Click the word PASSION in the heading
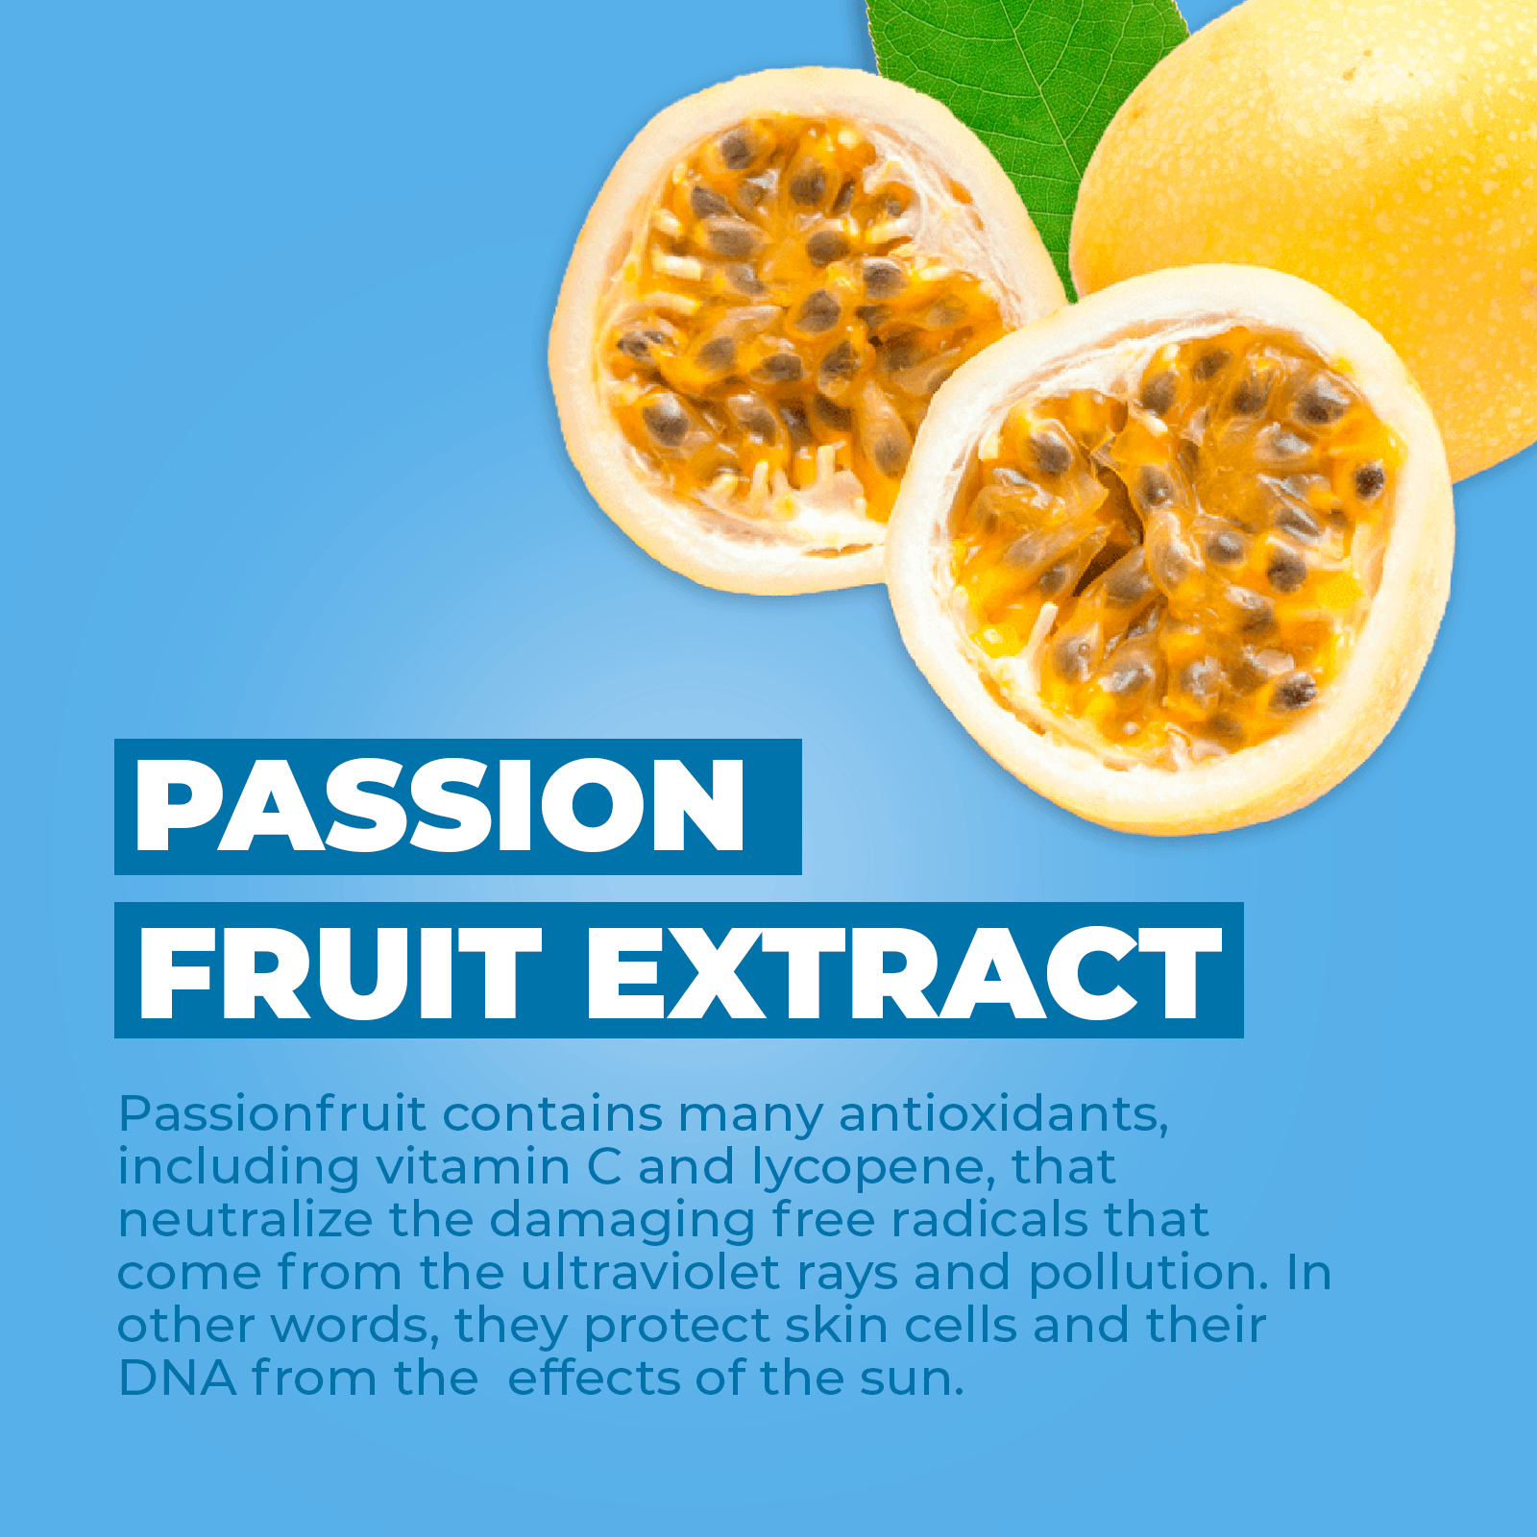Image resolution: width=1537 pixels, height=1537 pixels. pyautogui.click(x=441, y=805)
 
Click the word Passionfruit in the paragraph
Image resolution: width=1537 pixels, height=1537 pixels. pyautogui.click(x=272, y=1114)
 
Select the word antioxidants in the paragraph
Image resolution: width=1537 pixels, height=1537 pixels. pyautogui.click(x=1004, y=1114)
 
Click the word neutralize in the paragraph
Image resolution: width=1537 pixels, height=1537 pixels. pyautogui.click(x=245, y=1220)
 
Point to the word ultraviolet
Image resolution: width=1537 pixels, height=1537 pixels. pyautogui.click(x=649, y=1272)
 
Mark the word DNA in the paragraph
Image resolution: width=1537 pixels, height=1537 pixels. pyautogui.click(x=178, y=1378)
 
